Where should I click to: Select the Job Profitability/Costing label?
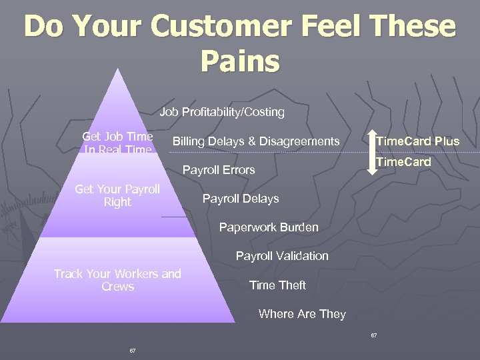222,112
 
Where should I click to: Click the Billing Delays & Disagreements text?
256,141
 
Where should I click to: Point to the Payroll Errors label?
219,170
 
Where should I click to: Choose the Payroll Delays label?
241,199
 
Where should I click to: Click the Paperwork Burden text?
269,227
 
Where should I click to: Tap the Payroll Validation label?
282,256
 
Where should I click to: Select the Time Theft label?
277,285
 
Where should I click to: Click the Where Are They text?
302,314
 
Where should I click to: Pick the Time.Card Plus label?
418,141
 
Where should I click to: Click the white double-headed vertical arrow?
370,153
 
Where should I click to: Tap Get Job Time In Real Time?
117,143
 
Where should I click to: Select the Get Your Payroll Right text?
117,195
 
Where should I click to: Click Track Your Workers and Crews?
117,280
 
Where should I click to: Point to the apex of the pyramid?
119,67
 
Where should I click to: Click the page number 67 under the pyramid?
133,350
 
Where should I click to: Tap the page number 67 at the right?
374,335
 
